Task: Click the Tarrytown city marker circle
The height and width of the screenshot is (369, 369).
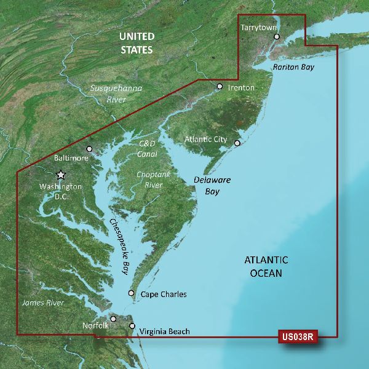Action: (277, 37)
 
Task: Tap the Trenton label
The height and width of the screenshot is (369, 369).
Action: (241, 88)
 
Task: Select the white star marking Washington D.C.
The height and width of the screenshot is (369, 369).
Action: (61, 175)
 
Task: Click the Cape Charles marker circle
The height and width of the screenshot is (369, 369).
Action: (131, 294)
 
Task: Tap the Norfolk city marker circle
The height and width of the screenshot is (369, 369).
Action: (114, 319)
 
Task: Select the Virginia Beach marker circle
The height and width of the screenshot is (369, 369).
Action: (132, 326)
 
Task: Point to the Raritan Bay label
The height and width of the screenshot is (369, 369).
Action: (293, 66)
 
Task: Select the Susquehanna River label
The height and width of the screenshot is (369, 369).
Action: (116, 93)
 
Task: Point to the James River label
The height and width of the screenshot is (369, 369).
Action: (43, 303)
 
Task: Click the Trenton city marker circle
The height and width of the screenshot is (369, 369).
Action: (220, 87)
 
